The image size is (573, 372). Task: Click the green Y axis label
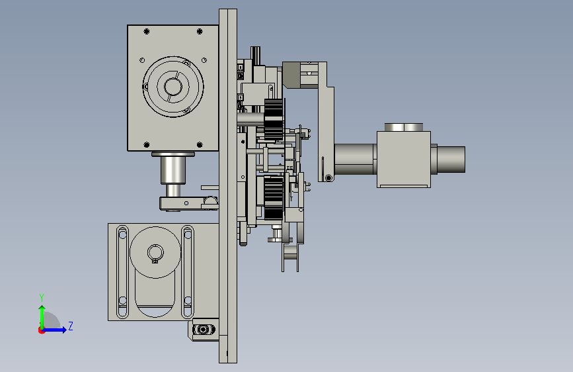click(42, 298)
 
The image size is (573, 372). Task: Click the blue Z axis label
click(71, 326)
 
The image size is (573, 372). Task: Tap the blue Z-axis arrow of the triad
click(55, 330)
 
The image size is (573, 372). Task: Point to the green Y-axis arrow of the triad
click(42, 317)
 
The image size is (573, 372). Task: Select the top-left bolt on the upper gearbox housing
click(147, 32)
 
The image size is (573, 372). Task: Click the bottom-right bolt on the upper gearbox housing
click(200, 144)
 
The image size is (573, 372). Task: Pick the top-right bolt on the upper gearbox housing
click(200, 32)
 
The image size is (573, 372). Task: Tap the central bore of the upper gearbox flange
click(173, 87)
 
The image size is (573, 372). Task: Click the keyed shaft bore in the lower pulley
click(155, 253)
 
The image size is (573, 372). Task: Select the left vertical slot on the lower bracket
click(122, 272)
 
